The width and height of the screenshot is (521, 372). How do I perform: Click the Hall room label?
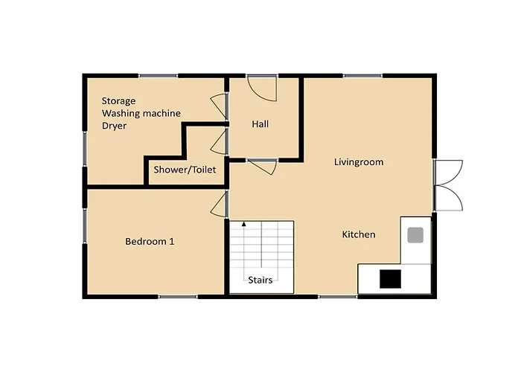coord(260,124)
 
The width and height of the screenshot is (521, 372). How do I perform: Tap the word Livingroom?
coord(359,162)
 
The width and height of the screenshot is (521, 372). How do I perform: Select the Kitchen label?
coord(359,234)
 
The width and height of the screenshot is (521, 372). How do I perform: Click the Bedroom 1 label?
coord(150,242)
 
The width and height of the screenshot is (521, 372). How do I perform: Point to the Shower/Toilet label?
coord(185,170)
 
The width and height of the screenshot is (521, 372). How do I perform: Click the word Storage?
coord(118,101)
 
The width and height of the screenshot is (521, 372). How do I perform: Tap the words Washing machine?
coord(141,113)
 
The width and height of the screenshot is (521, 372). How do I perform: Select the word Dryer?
coord(115,126)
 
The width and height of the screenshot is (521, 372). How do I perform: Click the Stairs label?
coord(260,280)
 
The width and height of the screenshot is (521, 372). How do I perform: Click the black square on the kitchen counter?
coord(391,279)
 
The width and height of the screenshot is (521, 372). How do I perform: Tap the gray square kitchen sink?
coord(415,235)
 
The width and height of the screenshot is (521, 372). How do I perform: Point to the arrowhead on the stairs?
coord(244,224)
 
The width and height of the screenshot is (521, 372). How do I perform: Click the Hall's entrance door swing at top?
coord(262,89)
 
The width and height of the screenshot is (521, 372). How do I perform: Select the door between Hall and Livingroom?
coord(262,167)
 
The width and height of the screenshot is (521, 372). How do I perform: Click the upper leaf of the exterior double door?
coord(448,172)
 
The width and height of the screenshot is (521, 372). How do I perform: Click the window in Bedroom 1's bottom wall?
coord(178,297)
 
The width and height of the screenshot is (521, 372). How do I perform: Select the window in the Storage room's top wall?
coord(158,76)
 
